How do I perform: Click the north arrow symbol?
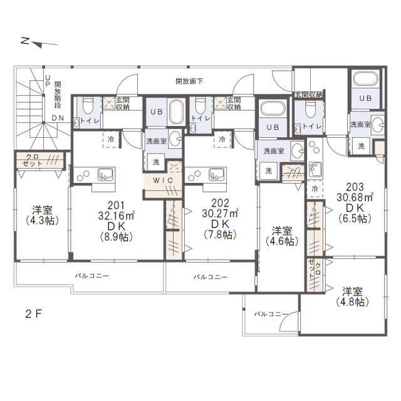click(39, 43)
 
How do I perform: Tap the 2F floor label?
click(33, 313)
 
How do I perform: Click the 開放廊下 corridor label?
click(189, 81)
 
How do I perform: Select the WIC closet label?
click(163, 180)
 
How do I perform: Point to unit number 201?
click(116, 206)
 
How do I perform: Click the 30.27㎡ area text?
click(220, 213)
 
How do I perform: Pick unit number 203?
click(355, 187)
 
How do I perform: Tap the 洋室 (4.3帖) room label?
click(42, 215)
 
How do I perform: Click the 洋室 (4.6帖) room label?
click(282, 236)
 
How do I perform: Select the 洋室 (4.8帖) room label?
click(352, 297)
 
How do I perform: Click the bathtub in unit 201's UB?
click(177, 112)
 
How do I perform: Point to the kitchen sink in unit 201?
click(105, 174)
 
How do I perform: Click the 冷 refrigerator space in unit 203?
click(315, 189)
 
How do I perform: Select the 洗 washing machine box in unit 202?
click(268, 170)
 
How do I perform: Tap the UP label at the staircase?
click(48, 81)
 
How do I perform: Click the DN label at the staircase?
click(58, 118)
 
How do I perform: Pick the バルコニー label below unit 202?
click(211, 277)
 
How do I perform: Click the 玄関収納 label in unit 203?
click(309, 95)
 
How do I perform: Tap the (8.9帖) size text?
click(116, 237)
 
